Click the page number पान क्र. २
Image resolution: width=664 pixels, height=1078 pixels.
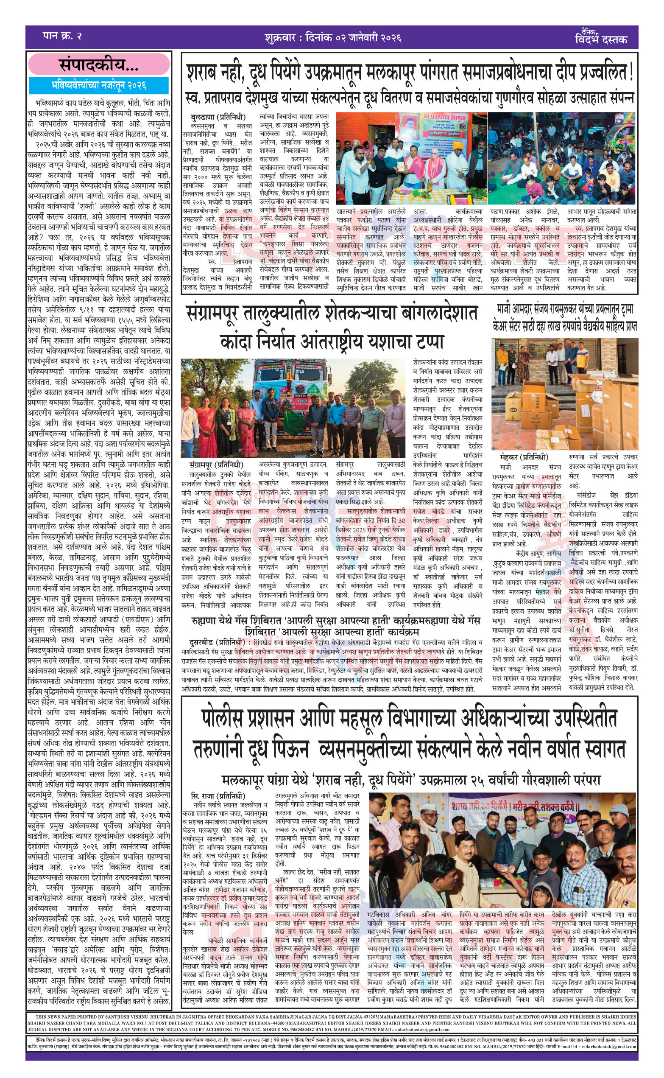pyautogui.click(x=62, y=36)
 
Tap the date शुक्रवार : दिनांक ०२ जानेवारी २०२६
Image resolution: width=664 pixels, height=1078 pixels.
pyautogui.click(x=332, y=37)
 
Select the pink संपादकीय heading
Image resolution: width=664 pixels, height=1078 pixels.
pyautogui.click(x=99, y=65)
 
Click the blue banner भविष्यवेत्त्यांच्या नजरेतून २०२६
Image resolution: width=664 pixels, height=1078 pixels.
pyautogui.click(x=99, y=85)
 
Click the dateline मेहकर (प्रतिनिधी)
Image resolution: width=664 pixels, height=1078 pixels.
pyautogui.click(x=524, y=457)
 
